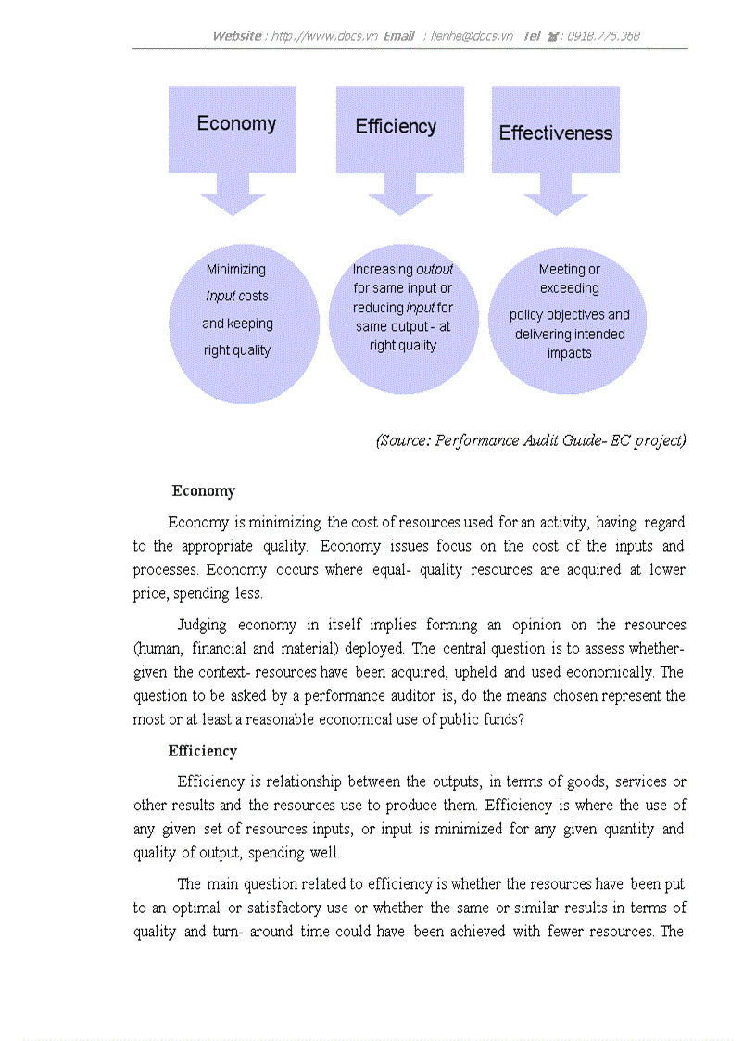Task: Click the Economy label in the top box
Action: pyautogui.click(x=236, y=124)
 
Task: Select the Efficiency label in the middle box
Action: pyautogui.click(x=396, y=127)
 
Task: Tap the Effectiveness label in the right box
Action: pyautogui.click(x=556, y=133)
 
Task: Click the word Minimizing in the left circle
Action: pyautogui.click(x=235, y=270)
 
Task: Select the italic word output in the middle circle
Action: pyautogui.click(x=435, y=270)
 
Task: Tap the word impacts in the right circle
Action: pyautogui.click(x=569, y=353)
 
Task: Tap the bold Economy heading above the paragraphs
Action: pyautogui.click(x=204, y=491)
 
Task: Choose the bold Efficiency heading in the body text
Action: pyautogui.click(x=202, y=752)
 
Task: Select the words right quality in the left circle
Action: pyautogui.click(x=237, y=351)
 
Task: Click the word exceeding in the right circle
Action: pyautogui.click(x=570, y=288)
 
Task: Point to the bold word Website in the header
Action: pyautogui.click(x=237, y=36)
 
